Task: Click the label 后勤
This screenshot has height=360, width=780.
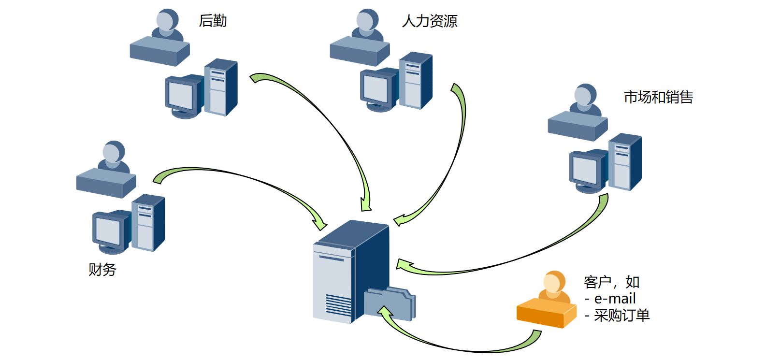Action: click(x=213, y=21)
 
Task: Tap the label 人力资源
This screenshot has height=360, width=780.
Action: click(x=429, y=21)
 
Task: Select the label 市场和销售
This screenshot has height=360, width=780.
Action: click(x=658, y=97)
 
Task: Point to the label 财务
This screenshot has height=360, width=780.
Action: click(x=102, y=269)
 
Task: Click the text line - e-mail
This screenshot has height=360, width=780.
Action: click(x=610, y=299)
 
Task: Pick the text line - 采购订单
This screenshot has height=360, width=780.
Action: click(x=617, y=316)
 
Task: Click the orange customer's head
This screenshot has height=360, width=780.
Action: click(x=552, y=282)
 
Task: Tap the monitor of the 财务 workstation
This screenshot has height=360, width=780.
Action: click(x=109, y=230)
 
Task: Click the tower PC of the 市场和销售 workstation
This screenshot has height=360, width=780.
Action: click(x=624, y=162)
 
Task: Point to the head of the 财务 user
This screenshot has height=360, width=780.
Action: click(x=112, y=153)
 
